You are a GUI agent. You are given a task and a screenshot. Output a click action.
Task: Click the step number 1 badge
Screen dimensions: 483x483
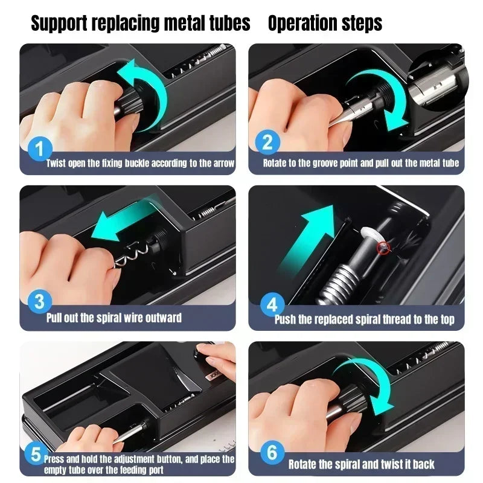click(x=37, y=147)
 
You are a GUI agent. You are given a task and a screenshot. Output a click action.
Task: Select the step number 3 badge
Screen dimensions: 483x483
click(x=37, y=301)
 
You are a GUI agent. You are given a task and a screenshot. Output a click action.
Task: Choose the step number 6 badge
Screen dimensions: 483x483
click(x=271, y=453)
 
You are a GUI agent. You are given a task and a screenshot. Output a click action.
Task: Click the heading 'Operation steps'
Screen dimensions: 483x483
click(x=325, y=24)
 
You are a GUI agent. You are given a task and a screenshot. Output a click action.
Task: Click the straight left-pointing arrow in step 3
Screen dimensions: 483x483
click(x=124, y=228)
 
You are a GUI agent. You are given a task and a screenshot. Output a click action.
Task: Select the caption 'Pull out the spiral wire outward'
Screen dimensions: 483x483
click(x=114, y=318)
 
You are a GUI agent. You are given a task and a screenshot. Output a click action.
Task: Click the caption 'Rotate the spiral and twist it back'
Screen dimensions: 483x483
click(x=361, y=464)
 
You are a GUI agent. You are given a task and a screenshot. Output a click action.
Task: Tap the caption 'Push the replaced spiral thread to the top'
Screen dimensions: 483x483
click(x=364, y=319)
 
